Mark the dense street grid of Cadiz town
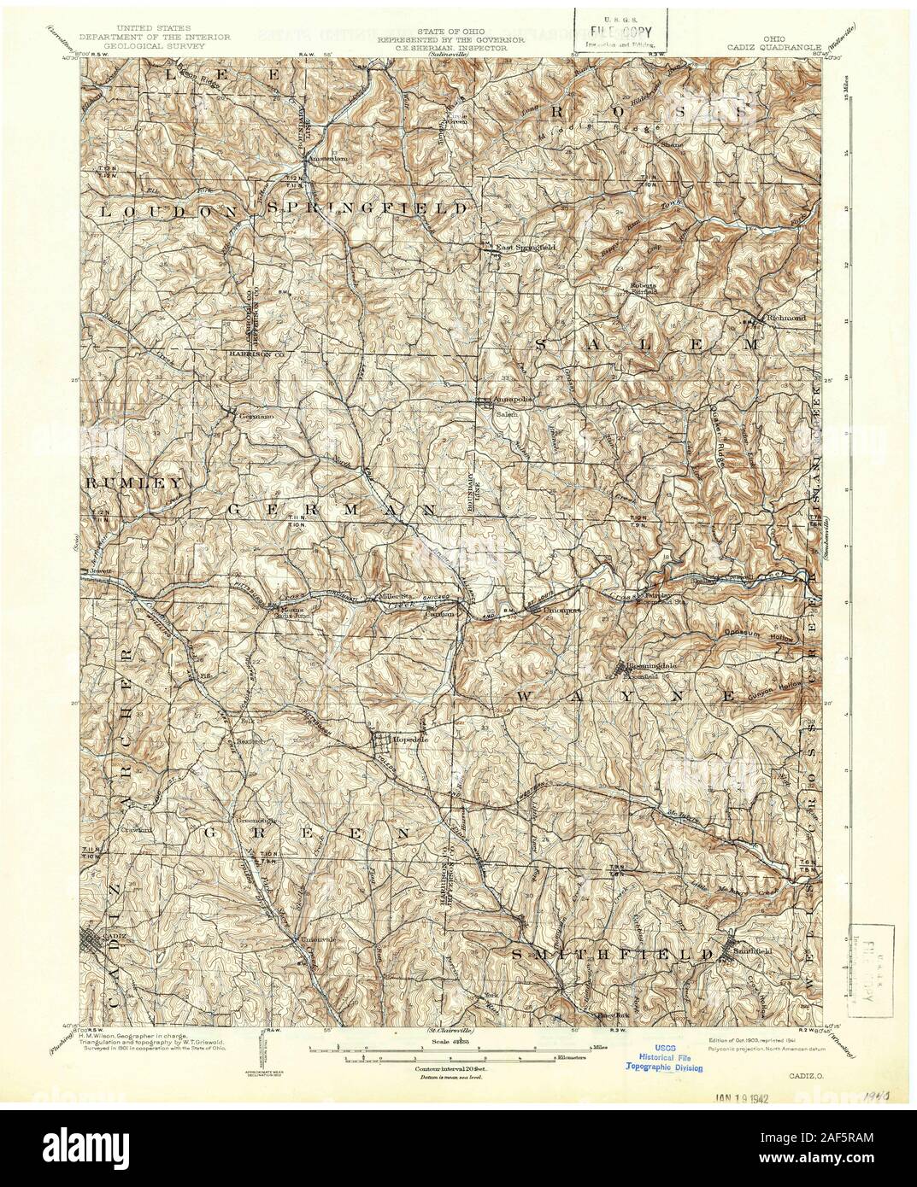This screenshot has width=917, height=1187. pos(97,947)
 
